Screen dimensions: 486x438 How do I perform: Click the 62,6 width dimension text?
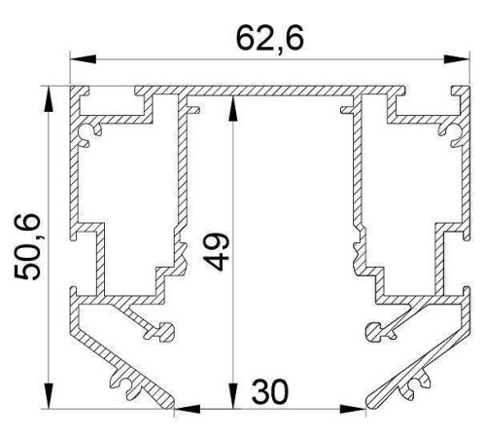pos(270,39)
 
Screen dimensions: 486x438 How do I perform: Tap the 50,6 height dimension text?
pos(27,246)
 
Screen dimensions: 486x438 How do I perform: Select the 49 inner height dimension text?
pos(216,251)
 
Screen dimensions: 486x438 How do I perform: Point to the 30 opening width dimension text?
pos(269,391)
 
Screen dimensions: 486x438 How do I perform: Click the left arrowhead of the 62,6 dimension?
pos(84,59)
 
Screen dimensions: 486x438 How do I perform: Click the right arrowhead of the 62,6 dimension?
pos(456,59)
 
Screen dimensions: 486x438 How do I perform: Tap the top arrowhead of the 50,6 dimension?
pos(49,99)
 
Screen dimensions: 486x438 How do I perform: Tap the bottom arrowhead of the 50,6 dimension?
pos(49,395)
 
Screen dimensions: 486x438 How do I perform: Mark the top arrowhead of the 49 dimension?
pos(232,109)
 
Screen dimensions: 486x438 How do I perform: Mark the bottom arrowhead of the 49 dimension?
pos(232,395)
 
